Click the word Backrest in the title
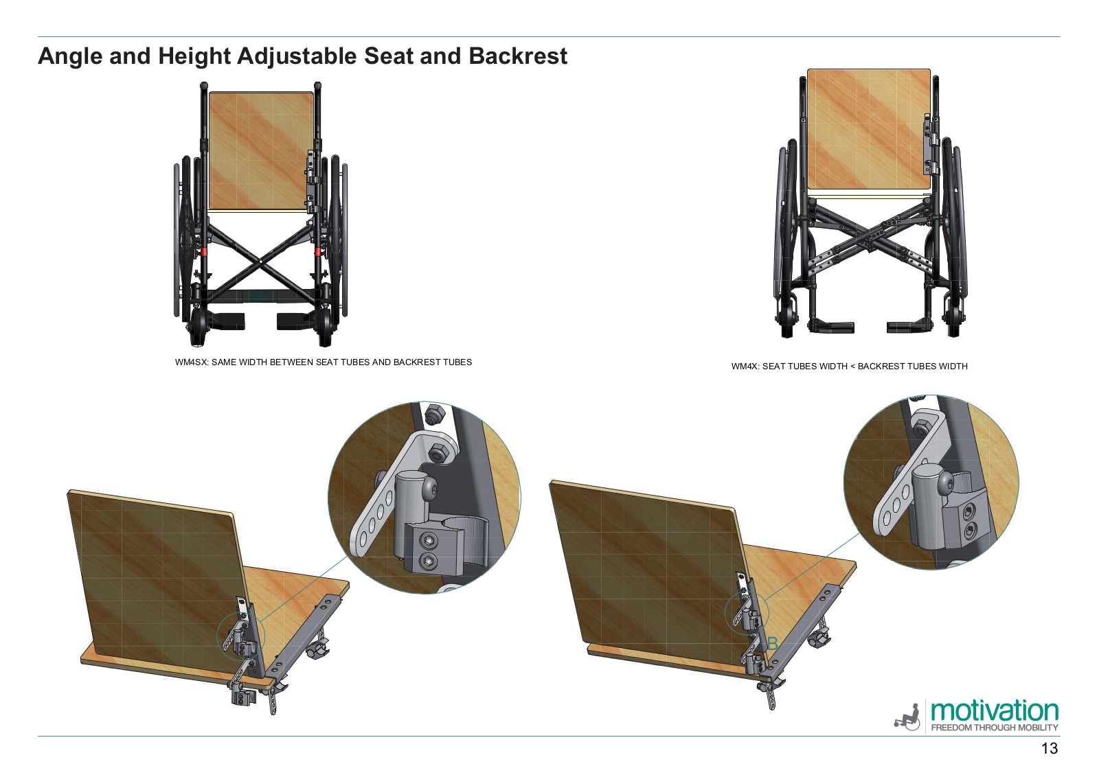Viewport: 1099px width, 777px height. [518, 56]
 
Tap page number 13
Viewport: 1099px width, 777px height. [1050, 749]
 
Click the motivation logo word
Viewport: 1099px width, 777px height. [995, 711]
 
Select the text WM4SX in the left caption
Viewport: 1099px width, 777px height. [191, 362]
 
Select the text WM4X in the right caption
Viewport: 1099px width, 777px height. [744, 367]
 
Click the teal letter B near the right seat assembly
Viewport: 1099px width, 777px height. [772, 644]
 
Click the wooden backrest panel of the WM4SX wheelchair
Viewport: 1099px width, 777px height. [261, 151]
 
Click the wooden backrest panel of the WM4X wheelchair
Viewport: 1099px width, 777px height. [868, 129]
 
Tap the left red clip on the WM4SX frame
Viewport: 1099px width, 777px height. [203, 251]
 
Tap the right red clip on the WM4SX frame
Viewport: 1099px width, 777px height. [318, 251]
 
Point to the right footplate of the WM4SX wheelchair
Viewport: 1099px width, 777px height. [293, 321]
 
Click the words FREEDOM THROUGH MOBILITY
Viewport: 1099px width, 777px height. [995, 728]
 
